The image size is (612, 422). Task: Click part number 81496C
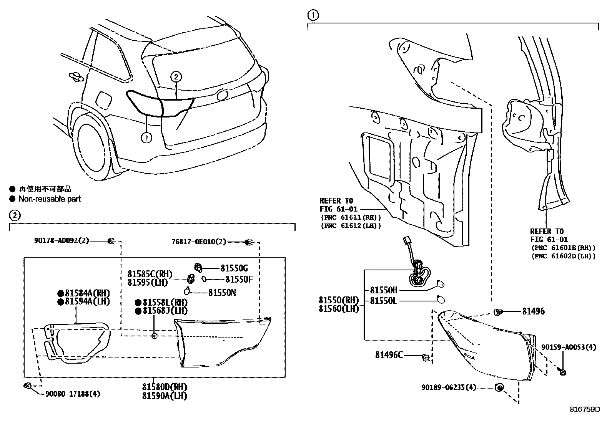pyautogui.click(x=389, y=355)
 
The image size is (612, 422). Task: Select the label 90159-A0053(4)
pyautogui.click(x=569, y=347)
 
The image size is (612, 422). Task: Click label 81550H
pyautogui.click(x=384, y=290)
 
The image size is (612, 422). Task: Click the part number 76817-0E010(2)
pyautogui.click(x=199, y=242)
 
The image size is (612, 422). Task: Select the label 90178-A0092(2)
pyautogui.click(x=61, y=241)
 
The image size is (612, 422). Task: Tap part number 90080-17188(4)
pyautogui.click(x=73, y=394)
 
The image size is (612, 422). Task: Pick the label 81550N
pyautogui.click(x=222, y=293)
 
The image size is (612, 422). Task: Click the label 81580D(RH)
pyautogui.click(x=164, y=387)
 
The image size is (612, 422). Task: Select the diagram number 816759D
pyautogui.click(x=585, y=409)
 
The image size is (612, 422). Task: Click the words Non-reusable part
pyautogui.click(x=50, y=199)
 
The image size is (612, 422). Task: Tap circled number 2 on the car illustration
pyautogui.click(x=176, y=77)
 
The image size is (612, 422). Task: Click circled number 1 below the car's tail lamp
pyautogui.click(x=146, y=137)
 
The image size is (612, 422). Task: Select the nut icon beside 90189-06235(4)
pyautogui.click(x=499, y=387)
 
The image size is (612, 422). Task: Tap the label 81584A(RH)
pyautogui.click(x=82, y=292)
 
